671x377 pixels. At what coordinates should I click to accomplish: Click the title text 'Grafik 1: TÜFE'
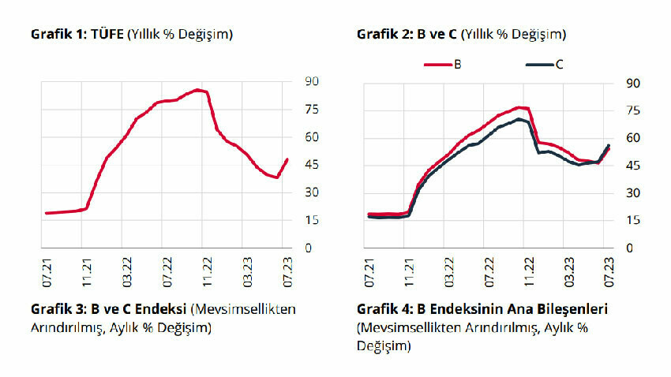click(77, 34)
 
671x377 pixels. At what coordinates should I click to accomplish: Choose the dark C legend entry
click(544, 64)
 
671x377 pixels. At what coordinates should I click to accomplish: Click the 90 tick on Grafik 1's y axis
click(311, 82)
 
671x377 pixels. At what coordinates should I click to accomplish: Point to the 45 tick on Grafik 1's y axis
click(311, 165)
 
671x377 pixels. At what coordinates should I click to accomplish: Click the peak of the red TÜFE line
click(197, 90)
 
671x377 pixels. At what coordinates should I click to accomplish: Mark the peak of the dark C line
click(519, 119)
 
